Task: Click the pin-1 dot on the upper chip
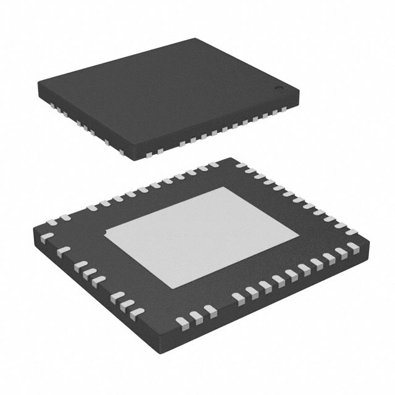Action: click(278, 91)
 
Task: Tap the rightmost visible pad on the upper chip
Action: click(284, 110)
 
